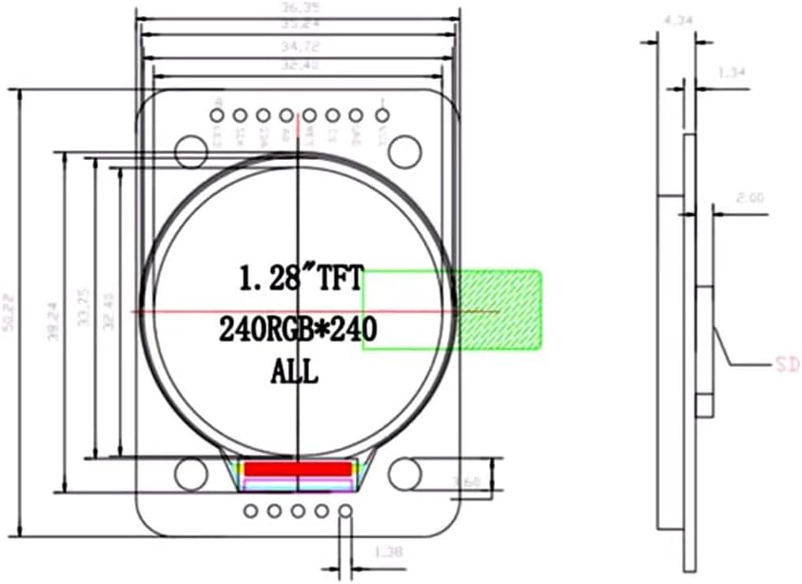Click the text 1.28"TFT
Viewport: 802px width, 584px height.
tap(300, 280)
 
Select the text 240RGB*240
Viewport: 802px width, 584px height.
tap(299, 330)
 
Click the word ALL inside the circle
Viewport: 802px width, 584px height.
tap(295, 371)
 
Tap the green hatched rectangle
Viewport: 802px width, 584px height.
tap(499, 309)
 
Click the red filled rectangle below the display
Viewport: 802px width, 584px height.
tap(299, 470)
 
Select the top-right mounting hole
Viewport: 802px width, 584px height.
tap(405, 149)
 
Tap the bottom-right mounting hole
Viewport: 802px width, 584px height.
tap(405, 473)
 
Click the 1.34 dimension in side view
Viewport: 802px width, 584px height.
tap(730, 71)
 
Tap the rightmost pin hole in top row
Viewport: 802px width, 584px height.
tap(379, 116)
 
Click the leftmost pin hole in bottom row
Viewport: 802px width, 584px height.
tap(251, 512)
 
